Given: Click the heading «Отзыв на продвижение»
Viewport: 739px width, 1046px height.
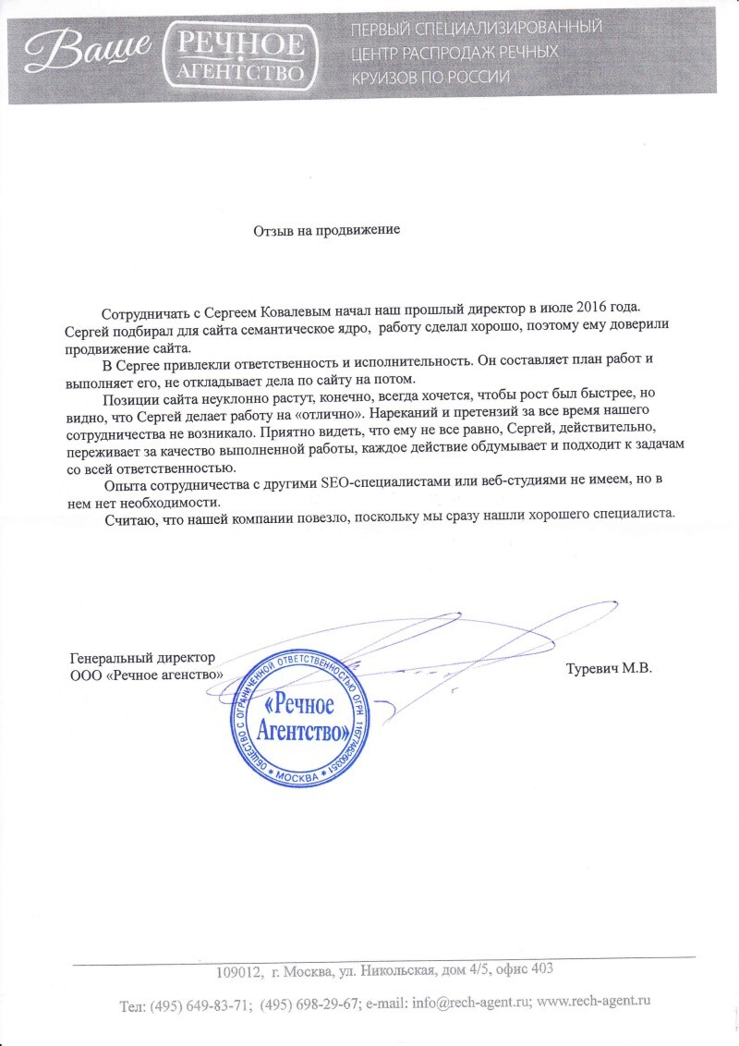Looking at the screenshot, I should [327, 228].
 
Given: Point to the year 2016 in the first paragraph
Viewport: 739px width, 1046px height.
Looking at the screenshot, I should [612, 306].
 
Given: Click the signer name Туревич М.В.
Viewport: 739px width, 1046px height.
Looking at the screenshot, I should [609, 668].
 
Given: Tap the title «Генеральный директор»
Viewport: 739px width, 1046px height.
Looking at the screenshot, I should [142, 658].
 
